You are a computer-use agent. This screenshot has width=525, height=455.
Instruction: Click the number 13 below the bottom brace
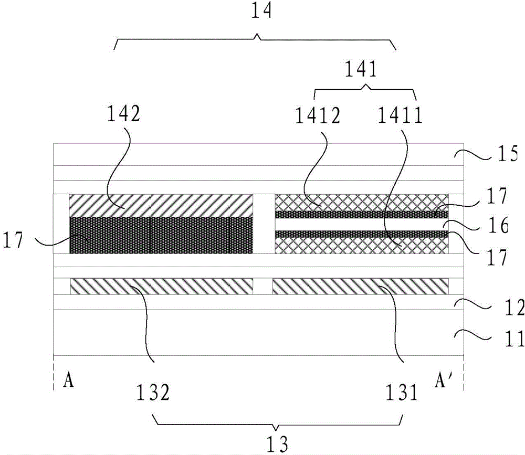[277, 444]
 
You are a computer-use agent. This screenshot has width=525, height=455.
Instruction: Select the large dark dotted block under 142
[161, 235]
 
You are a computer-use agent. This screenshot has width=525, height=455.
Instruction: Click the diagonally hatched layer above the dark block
[161, 206]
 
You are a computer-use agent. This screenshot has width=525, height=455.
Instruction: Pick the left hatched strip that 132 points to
[161, 286]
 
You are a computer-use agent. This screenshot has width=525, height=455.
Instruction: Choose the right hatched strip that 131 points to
[361, 286]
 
